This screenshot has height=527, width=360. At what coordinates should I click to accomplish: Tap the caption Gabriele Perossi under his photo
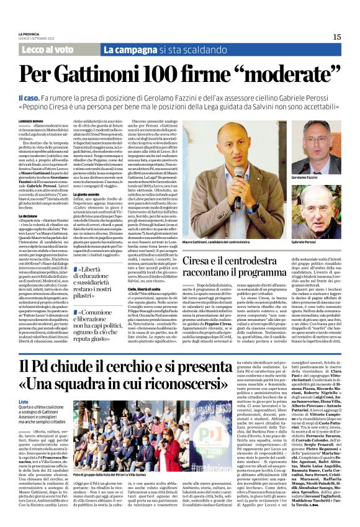tap(307, 241)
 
